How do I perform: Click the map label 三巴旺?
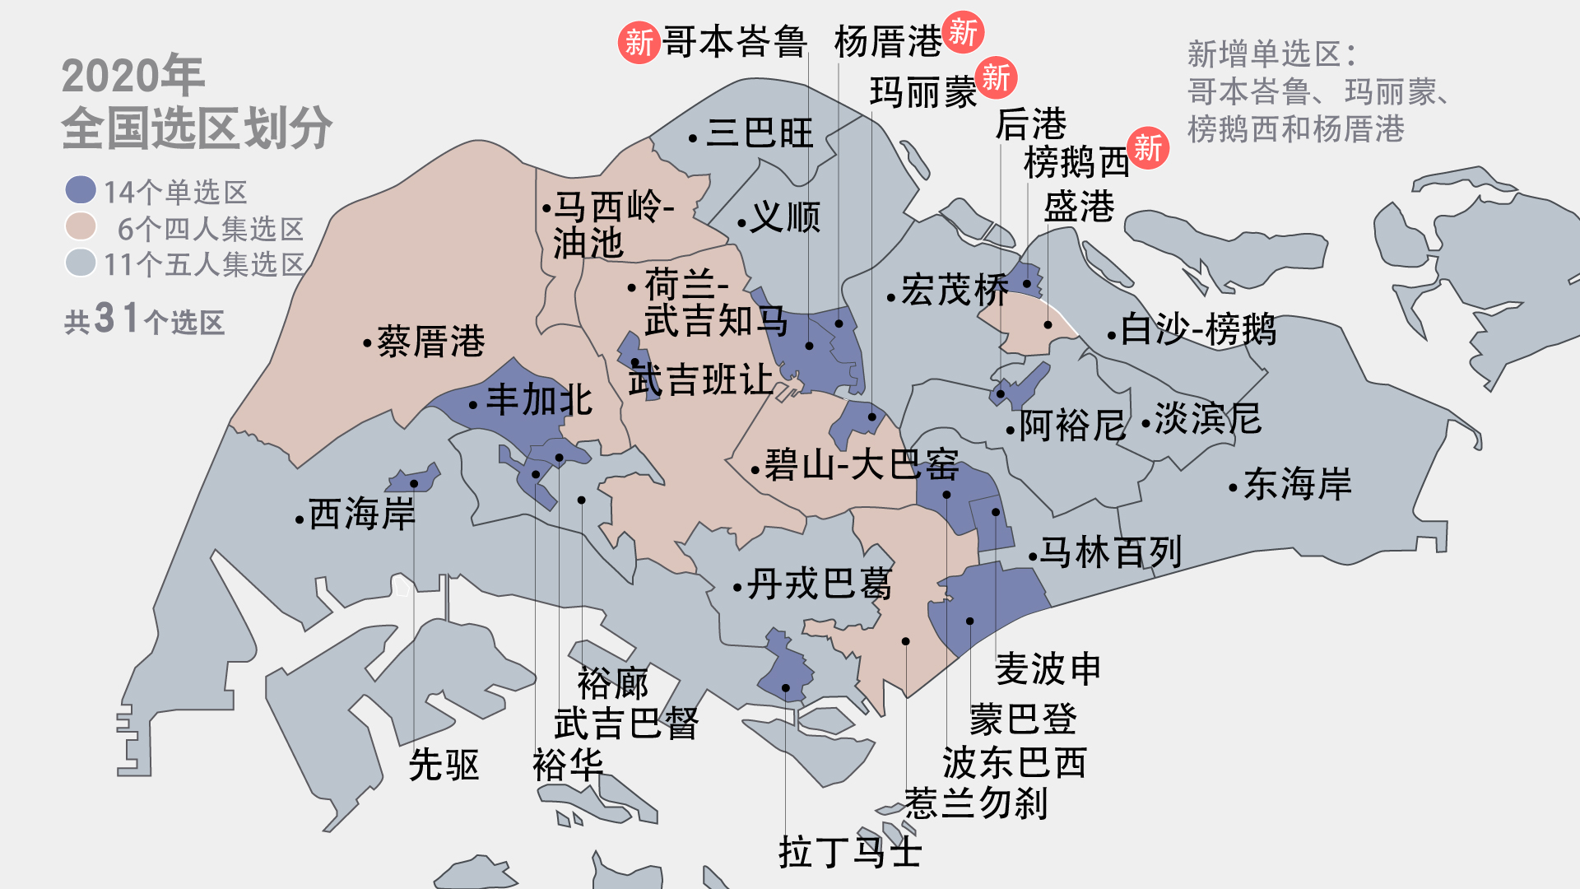[x=759, y=133]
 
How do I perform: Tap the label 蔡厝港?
[x=430, y=342]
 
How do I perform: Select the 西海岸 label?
[x=362, y=514]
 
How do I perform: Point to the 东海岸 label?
[x=1298, y=484]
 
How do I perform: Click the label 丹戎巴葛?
[x=820, y=584]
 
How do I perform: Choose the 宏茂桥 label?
[x=955, y=291]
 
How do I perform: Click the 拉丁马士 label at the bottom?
[x=849, y=852]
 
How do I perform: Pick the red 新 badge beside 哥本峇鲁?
[x=639, y=42]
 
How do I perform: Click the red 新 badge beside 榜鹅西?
[x=1148, y=148]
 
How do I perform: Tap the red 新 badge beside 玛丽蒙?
[x=996, y=78]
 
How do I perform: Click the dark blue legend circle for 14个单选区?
[x=81, y=190]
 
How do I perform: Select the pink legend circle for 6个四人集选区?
[x=81, y=226]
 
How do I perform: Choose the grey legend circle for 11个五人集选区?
[x=81, y=263]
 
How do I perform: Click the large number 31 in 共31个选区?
[x=116, y=318]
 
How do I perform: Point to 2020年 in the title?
[x=132, y=76]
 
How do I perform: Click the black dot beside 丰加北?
[x=473, y=405]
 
